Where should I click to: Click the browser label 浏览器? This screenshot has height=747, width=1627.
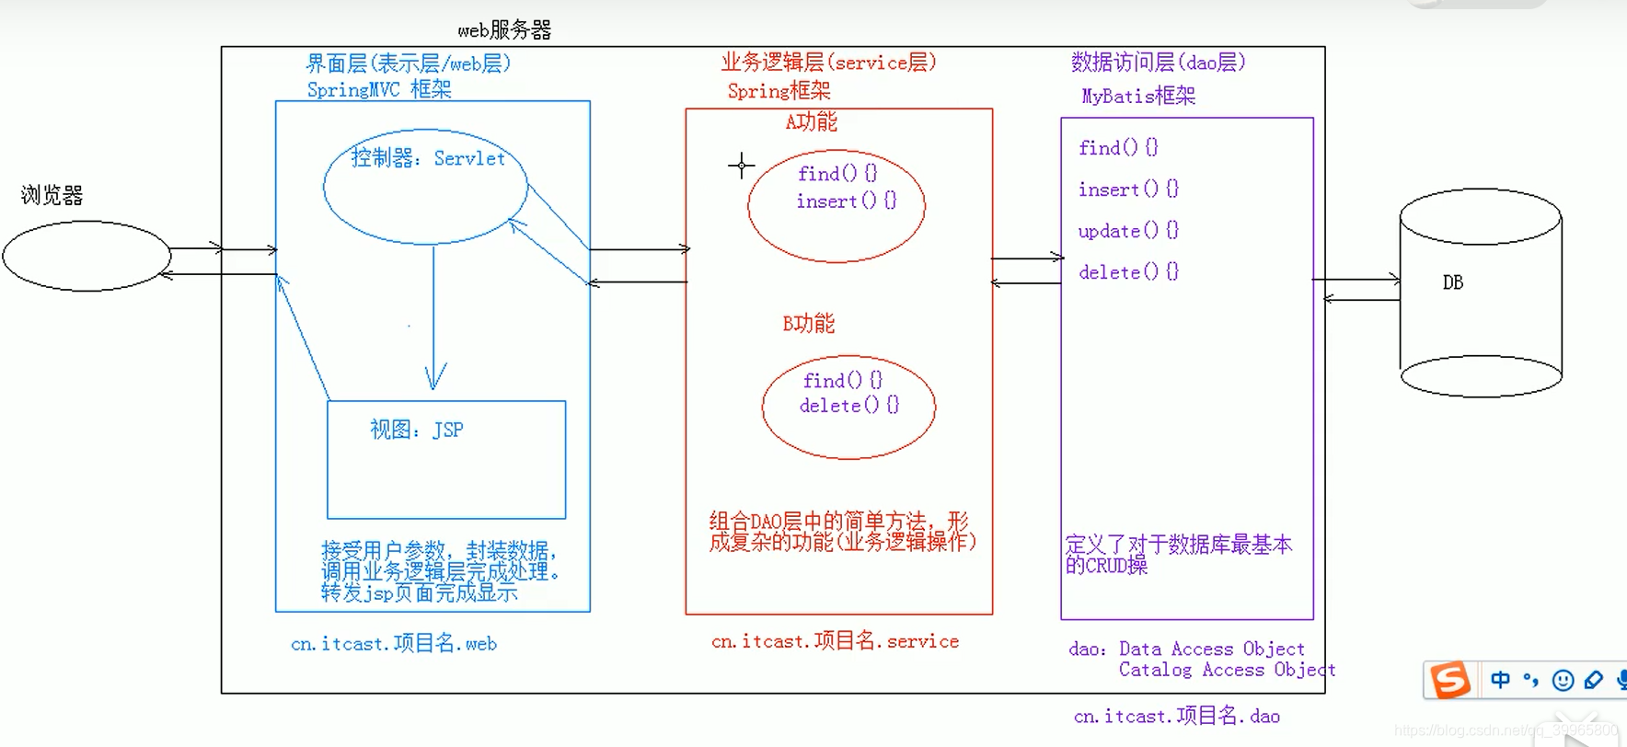[x=52, y=195]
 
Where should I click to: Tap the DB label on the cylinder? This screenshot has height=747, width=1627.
[x=1453, y=282]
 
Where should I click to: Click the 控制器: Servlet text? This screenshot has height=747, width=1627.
[x=428, y=158]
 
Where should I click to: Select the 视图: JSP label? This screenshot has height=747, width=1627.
[x=416, y=430]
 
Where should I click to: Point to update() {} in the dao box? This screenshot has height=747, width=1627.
[x=1128, y=231]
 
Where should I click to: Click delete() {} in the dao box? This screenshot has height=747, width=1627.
[x=1128, y=272]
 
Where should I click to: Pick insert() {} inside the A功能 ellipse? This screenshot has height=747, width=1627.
[x=846, y=201]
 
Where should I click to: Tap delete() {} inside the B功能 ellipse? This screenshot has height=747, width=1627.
[x=848, y=406]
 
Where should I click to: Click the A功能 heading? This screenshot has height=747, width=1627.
[x=811, y=121]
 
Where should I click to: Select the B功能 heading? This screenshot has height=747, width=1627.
[x=809, y=324]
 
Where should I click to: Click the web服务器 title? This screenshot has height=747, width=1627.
[x=504, y=30]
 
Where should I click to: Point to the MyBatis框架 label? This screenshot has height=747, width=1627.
[x=1138, y=96]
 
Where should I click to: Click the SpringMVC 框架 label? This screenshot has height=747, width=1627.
[x=379, y=89]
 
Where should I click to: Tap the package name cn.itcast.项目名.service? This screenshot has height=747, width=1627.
[x=835, y=641]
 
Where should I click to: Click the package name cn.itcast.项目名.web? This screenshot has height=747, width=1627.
[x=394, y=643]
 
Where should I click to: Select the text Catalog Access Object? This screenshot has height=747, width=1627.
[x=1227, y=670]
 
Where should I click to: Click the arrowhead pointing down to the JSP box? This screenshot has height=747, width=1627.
[x=435, y=379]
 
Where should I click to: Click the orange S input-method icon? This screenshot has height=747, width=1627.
[x=1449, y=680]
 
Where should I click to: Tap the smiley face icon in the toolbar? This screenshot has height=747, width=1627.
[x=1563, y=680]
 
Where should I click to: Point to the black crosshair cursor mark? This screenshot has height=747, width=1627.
[x=741, y=166]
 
